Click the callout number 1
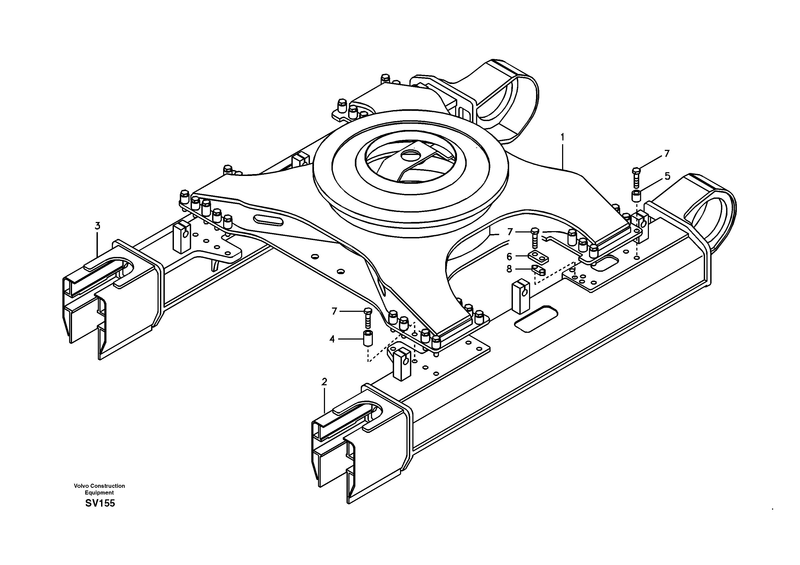point(562,137)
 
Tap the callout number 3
point(98,226)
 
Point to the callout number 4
point(332,339)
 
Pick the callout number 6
point(509,257)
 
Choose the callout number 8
point(509,269)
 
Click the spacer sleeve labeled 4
point(367,338)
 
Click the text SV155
point(100,503)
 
